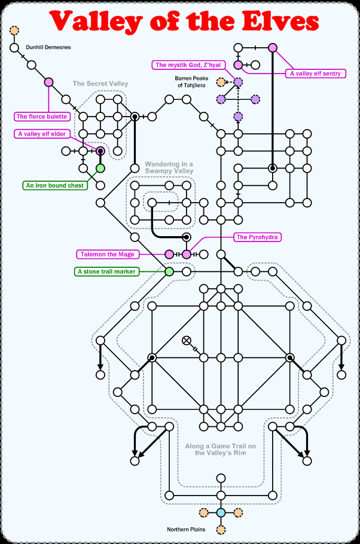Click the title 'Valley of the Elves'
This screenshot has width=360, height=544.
pyautogui.click(x=184, y=22)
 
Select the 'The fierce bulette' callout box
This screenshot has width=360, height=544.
pyautogui.click(x=42, y=117)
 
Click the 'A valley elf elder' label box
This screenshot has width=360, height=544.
pyautogui.click(x=42, y=134)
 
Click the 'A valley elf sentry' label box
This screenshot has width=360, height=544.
pyautogui.click(x=315, y=74)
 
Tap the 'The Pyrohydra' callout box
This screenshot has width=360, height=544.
pyautogui.click(x=258, y=237)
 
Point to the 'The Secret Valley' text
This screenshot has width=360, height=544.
pyautogui.click(x=100, y=84)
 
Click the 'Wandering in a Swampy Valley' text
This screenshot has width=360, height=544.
pyautogui.click(x=169, y=167)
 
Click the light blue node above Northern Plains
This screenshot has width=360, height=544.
pyautogui.click(x=221, y=512)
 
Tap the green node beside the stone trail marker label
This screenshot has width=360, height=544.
pyautogui.click(x=169, y=272)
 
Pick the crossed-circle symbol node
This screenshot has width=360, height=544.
pyautogui.click(x=187, y=341)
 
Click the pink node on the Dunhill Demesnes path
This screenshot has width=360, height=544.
pyautogui.click(x=49, y=82)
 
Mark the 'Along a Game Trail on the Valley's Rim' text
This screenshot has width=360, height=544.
pyautogui.click(x=221, y=450)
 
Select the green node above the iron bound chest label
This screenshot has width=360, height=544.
pyautogui.click(x=100, y=169)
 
